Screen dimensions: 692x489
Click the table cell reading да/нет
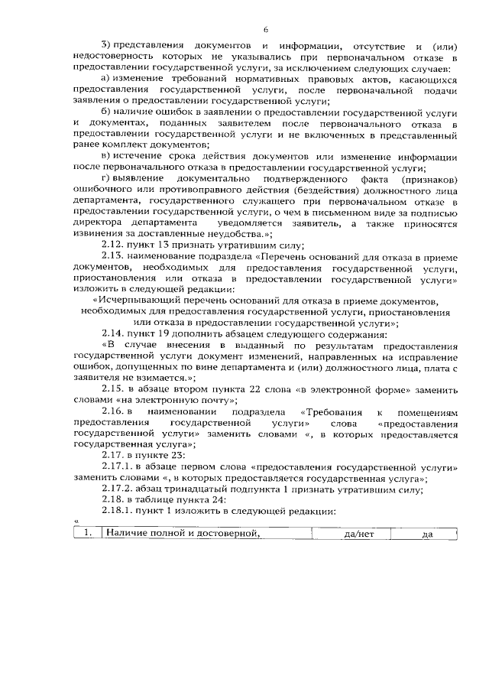(x=358, y=534)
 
